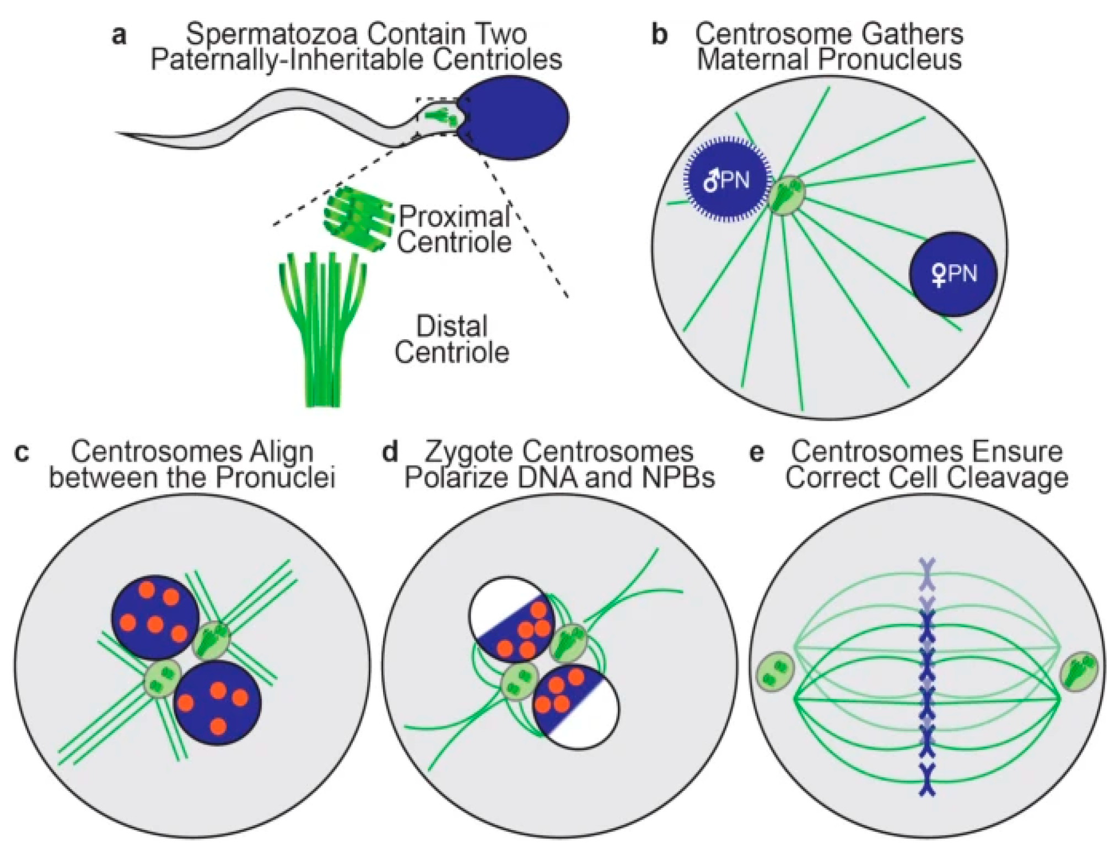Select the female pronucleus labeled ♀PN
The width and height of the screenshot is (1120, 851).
[953, 274]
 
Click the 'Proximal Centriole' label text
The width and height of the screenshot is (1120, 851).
[454, 229]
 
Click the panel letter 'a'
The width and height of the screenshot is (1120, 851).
[119, 35]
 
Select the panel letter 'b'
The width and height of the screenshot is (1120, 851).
[660, 35]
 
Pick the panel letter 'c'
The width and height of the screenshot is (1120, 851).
[22, 452]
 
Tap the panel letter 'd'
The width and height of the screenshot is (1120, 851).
[390, 452]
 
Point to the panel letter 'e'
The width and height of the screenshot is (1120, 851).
[757, 452]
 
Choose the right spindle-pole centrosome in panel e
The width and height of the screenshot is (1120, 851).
[1080, 671]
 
